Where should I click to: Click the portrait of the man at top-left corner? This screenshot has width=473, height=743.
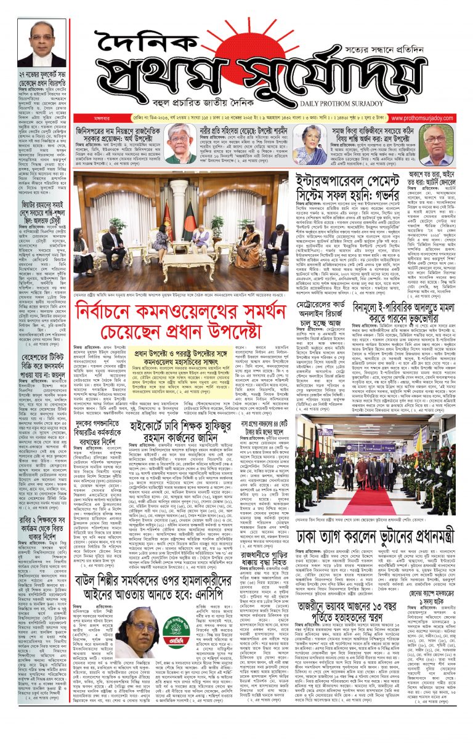pos(41,43)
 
